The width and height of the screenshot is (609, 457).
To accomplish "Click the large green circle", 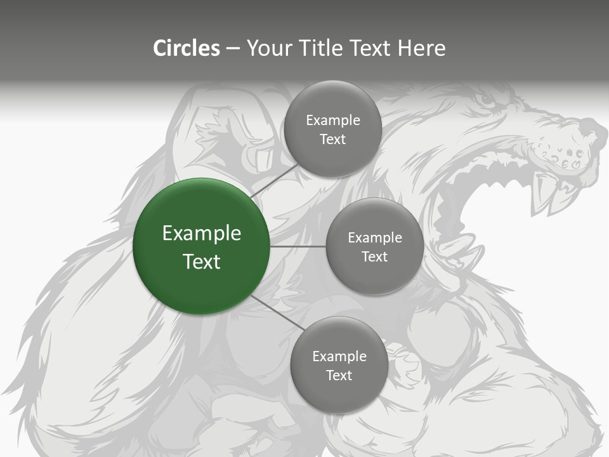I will (201, 247).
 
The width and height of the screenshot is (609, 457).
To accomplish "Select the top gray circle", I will (332, 129).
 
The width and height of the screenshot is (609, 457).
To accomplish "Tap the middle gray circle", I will (374, 246).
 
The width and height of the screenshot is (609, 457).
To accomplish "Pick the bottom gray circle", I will (339, 365).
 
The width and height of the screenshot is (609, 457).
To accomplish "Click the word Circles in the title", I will (187, 48).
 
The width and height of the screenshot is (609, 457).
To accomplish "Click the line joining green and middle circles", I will (298, 246).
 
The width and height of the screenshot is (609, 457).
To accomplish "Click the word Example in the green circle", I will (202, 234).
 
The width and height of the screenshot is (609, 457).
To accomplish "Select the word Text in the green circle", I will (202, 262).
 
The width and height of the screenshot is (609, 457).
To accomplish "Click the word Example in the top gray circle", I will (333, 121).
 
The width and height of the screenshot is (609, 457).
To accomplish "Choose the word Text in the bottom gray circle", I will (339, 375).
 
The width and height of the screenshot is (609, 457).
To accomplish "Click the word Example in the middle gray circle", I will (375, 238).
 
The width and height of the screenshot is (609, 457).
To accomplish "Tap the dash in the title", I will (233, 48).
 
